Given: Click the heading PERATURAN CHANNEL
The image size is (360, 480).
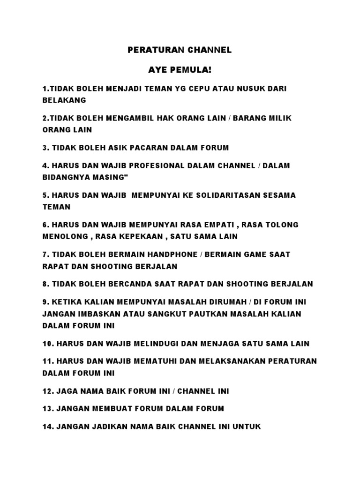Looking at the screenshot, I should coord(180,50).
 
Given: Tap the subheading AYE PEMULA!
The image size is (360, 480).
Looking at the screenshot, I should coord(180,70).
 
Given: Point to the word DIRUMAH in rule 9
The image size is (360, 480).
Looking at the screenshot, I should coord(236,302).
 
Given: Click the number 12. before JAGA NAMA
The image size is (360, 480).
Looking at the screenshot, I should coord(48,391).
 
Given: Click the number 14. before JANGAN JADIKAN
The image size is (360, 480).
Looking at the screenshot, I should coord(48,427).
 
